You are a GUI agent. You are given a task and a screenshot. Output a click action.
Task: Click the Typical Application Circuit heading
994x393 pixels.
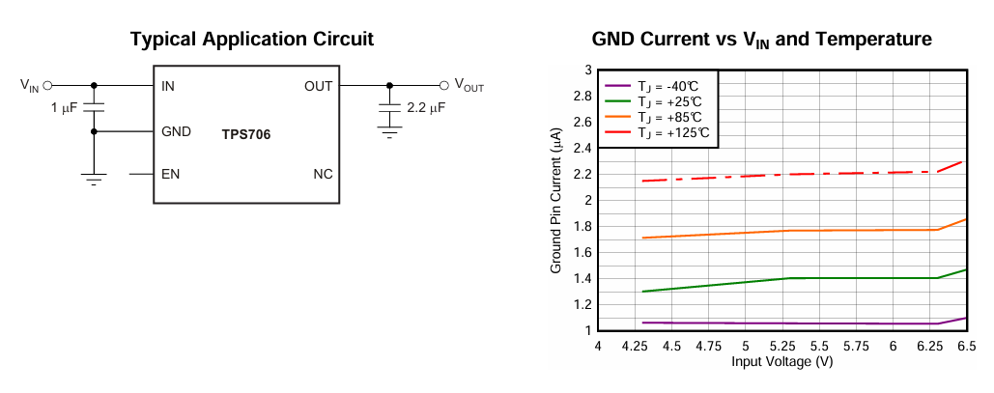251,39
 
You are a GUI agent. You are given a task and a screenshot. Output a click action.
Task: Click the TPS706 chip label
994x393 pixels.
246,135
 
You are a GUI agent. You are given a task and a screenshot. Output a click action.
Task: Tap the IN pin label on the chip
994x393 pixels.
168,86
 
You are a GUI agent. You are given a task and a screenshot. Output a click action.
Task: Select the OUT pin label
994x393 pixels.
318,86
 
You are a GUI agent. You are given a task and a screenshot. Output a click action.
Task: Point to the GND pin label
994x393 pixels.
177,131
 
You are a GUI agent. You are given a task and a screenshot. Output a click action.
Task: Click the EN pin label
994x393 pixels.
170,175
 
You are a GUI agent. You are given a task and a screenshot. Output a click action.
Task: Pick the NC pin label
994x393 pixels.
323,175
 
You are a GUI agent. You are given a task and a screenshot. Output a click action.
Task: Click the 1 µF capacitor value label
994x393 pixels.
64,108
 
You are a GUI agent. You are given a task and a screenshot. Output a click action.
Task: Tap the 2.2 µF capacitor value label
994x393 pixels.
426,108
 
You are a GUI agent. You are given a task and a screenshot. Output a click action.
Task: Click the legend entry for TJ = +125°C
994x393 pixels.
672,132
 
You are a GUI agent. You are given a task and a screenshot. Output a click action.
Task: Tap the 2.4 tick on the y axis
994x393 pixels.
582,148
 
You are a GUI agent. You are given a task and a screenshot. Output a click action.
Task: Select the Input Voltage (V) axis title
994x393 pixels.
781,361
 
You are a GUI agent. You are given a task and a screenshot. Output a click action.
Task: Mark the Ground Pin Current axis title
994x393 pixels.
556,201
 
